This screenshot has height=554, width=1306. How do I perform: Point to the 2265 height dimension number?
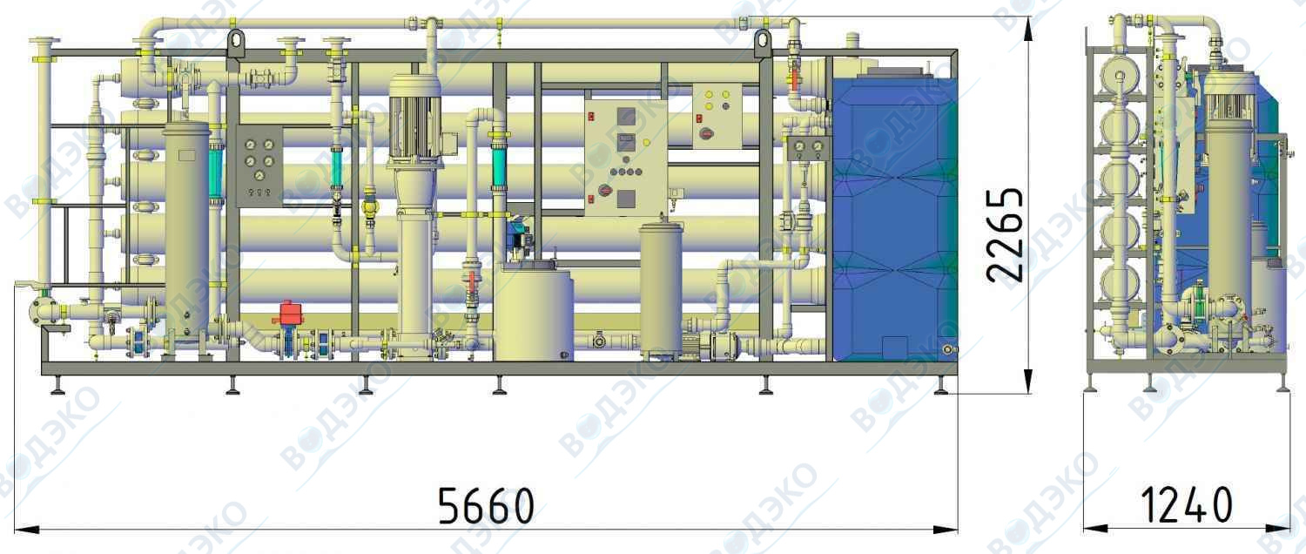[1005, 234]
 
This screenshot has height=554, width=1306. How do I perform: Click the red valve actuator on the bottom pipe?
[288, 313]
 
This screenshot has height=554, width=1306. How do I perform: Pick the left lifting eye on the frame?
[236, 43]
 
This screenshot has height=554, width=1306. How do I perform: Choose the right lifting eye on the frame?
[763, 43]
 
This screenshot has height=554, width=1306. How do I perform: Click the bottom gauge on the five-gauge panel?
[259, 175]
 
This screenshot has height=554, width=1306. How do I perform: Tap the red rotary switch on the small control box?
[705, 133]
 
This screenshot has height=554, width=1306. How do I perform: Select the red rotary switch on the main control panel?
[604, 190]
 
